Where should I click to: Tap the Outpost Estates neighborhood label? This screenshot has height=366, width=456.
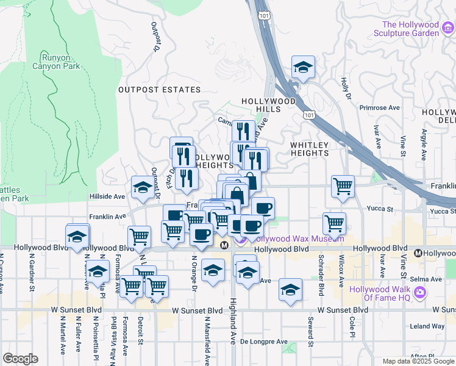[159, 90]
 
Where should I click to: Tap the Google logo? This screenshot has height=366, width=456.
[20, 359]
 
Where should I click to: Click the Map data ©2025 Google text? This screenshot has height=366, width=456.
[418, 361]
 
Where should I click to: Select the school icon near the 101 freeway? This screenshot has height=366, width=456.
[303, 68]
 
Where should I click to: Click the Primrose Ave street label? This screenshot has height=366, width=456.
[379, 107]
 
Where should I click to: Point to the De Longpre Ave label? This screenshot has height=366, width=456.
[263, 341]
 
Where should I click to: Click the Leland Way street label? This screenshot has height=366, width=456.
[427, 326]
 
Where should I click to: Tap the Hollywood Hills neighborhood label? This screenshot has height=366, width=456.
[268, 105]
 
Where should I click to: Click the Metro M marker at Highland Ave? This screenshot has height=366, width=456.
[224, 245]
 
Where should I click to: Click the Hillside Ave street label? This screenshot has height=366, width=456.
[107, 196]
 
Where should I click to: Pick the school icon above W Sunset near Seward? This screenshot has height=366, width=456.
[291, 290]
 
